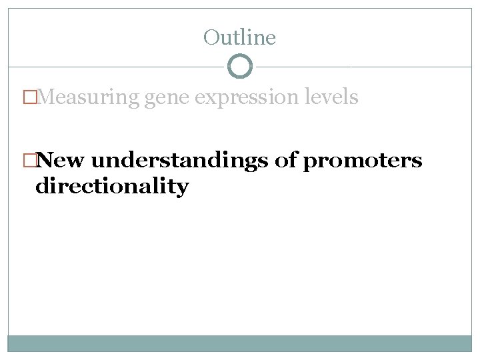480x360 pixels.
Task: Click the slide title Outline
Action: tap(239, 38)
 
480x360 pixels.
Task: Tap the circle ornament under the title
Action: tap(239, 67)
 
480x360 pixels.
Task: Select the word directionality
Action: tap(112, 186)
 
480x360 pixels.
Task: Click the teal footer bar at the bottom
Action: tap(239, 343)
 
